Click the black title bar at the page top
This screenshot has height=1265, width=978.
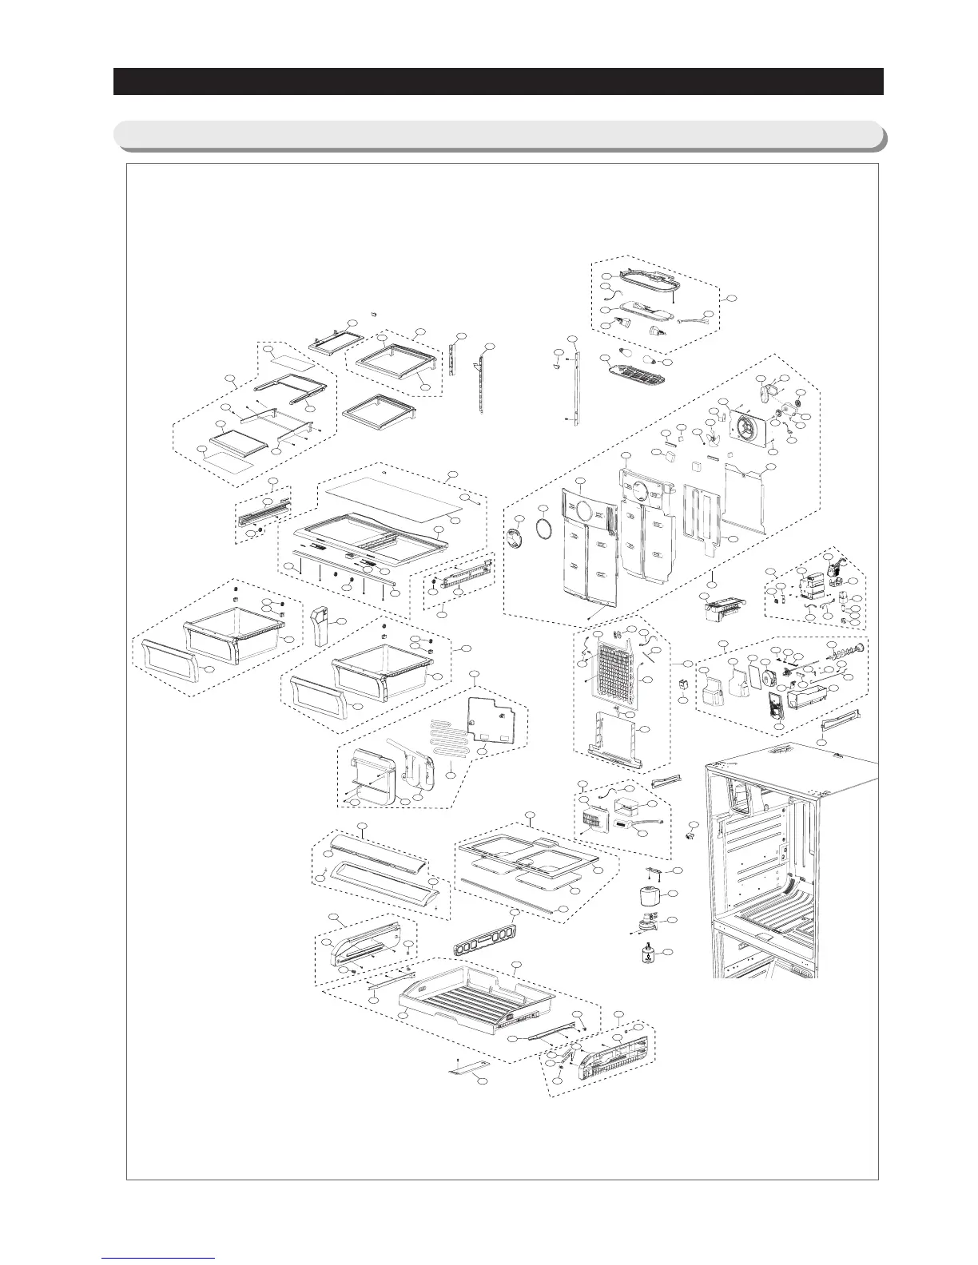coord(498,81)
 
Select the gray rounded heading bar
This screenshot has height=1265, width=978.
coord(498,135)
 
